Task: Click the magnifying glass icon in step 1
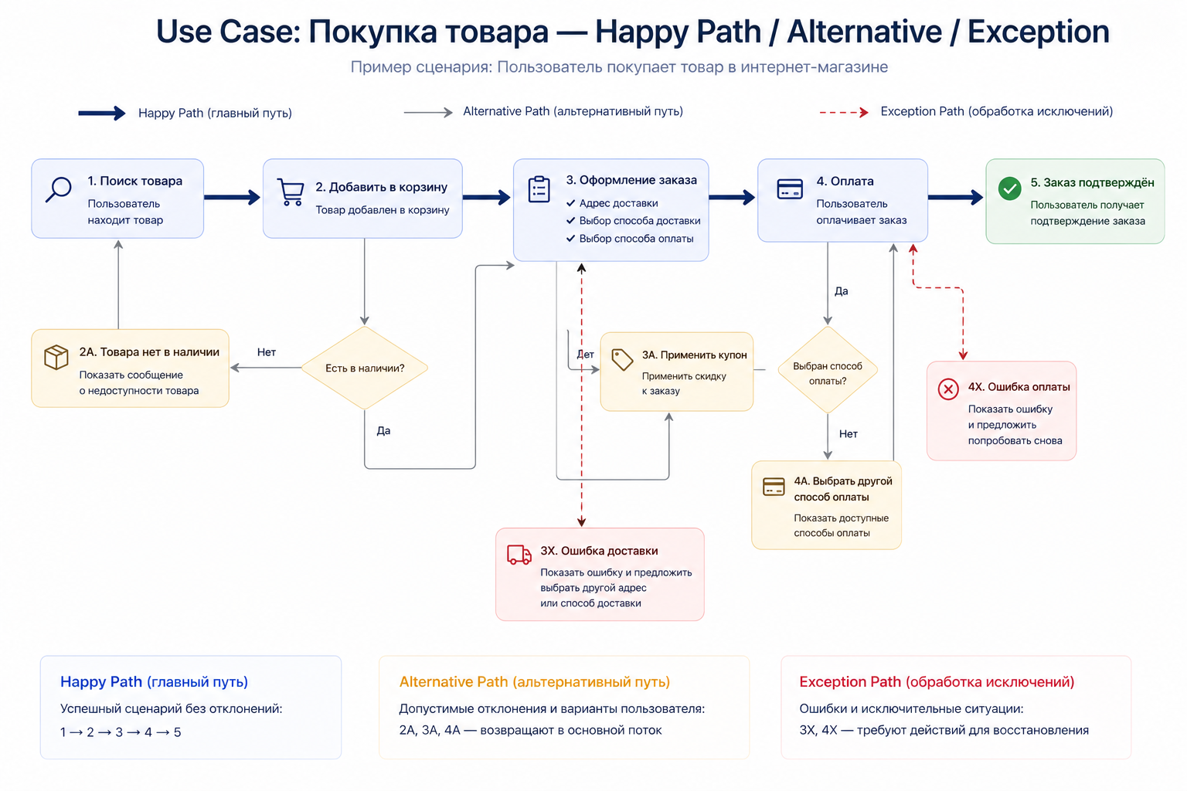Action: coord(59,188)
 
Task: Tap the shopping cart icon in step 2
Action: coord(291,192)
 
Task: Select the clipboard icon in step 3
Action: coord(539,189)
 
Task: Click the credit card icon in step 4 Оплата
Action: coord(789,189)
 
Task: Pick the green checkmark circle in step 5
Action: coord(1009,188)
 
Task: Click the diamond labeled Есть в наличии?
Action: coord(364,368)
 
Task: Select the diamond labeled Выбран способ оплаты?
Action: coord(828,370)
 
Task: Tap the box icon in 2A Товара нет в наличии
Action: coord(56,357)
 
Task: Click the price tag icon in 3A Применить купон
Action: coord(622,359)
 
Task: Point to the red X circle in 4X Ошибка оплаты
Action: coord(948,389)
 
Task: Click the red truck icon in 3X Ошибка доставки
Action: coord(519,555)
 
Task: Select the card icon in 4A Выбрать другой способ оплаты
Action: coord(774,486)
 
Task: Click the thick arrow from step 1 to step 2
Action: coord(232,198)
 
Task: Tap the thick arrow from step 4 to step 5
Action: coord(956,198)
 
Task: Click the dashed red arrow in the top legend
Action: coord(843,113)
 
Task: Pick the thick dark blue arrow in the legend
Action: coord(101,114)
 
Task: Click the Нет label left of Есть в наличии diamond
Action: coord(267,352)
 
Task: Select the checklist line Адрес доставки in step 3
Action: coord(618,203)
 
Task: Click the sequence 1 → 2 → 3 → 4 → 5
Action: coord(121,732)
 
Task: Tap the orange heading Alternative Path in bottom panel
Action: coord(534,682)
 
